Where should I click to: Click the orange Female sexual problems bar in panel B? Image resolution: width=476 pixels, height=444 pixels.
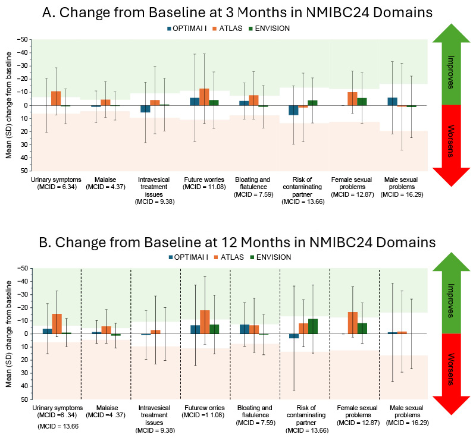353,323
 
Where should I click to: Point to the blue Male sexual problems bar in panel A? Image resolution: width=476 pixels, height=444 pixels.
393,102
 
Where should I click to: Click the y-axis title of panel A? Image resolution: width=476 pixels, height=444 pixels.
8,105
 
